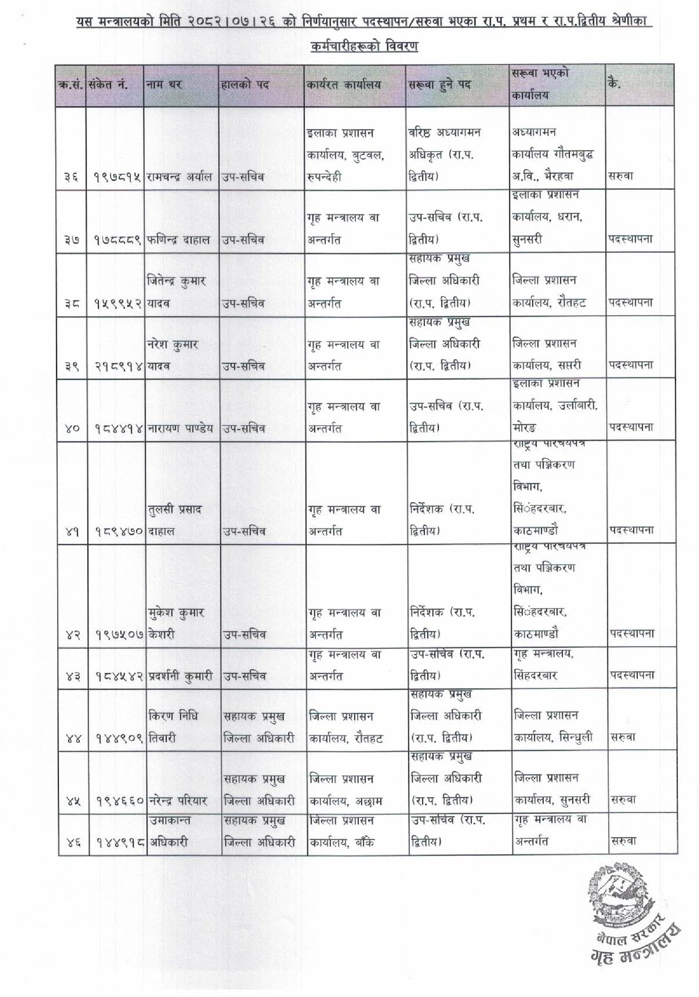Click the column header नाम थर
click(164, 85)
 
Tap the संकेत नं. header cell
click(108, 85)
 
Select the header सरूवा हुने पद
click(440, 85)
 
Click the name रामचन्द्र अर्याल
click(180, 177)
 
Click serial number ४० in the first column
click(71, 429)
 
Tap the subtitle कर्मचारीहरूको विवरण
click(364, 46)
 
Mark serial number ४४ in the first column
click(71, 738)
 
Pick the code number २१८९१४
click(118, 366)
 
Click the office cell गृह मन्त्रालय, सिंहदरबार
click(544, 665)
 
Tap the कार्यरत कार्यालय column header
click(343, 85)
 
